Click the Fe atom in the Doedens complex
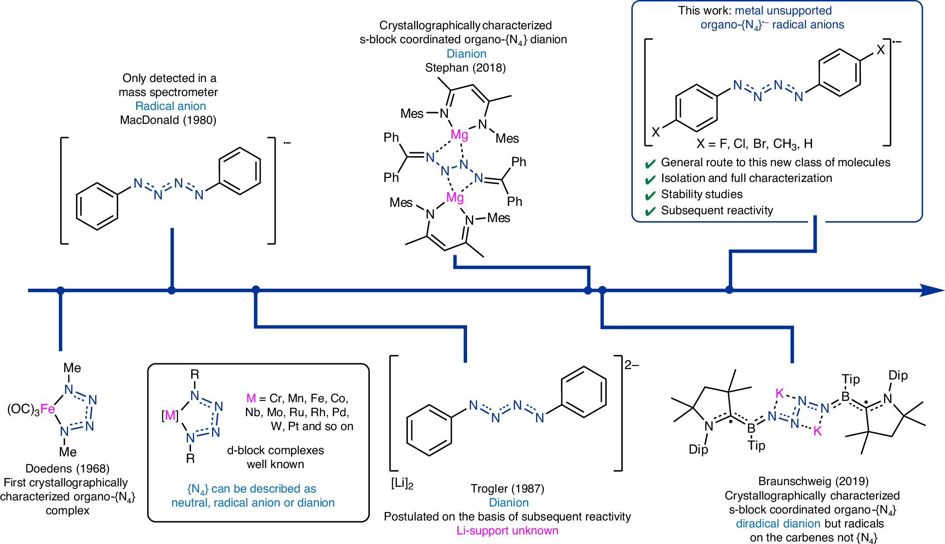point(48,409)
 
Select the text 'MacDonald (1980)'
point(168,120)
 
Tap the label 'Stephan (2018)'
point(465,68)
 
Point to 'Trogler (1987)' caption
point(507,489)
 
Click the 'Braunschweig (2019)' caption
point(813,481)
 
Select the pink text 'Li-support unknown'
point(507,530)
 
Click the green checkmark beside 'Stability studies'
point(650,195)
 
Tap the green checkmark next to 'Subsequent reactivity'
point(650,211)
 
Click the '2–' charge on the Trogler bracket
point(631,365)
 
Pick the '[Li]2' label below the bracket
point(402,484)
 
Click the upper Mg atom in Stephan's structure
point(459,134)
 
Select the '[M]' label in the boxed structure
point(170,416)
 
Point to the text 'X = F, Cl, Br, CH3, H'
point(754,144)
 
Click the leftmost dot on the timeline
point(61,290)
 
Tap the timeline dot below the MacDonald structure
point(172,290)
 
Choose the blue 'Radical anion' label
point(171,106)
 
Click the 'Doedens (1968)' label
point(68,469)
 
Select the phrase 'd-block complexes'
point(275,450)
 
